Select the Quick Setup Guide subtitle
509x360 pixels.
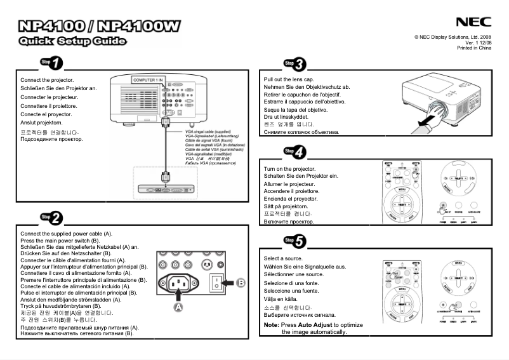pos(72,43)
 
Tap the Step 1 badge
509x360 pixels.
pos(51,62)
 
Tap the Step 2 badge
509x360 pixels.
pos(51,218)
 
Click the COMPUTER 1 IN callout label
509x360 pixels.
pos(148,80)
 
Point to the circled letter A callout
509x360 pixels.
pos(178,306)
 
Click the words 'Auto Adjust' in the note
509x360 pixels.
pos(315,324)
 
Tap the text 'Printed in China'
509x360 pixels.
pos(474,48)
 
